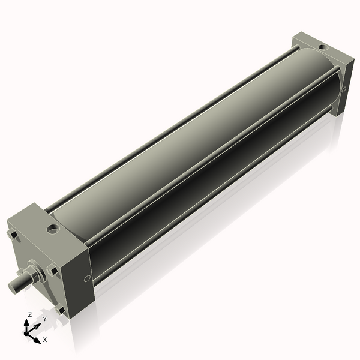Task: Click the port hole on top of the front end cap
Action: click(x=54, y=229)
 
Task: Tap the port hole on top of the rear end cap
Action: click(x=323, y=47)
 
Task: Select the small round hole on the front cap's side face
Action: click(x=87, y=278)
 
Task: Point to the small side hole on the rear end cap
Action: click(x=344, y=90)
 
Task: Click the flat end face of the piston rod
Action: click(x=12, y=287)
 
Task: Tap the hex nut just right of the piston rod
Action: click(x=53, y=271)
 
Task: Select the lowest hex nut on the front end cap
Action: click(x=60, y=310)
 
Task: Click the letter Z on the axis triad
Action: click(x=29, y=314)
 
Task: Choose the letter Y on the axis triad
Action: click(x=44, y=319)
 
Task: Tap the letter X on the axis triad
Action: click(x=45, y=340)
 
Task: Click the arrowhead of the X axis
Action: click(x=37, y=339)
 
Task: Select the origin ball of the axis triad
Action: click(x=28, y=331)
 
